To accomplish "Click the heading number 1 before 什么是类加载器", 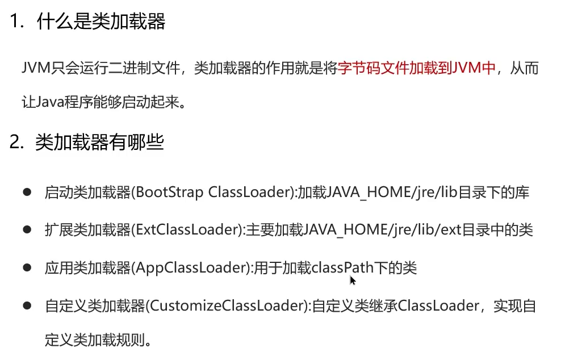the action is tap(15, 22).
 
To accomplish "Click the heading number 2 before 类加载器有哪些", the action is tap(15, 142).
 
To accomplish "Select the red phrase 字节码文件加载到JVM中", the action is tap(417, 69).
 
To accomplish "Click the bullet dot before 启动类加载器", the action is tap(27, 192).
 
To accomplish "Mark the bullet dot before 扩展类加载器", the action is tap(27, 230).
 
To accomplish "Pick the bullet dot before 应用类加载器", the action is tap(27, 267).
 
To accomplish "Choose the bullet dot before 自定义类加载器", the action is tap(27, 305).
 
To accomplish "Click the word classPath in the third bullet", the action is tap(339, 268).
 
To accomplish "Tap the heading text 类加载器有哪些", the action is tap(99, 142).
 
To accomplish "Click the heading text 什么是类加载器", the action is tap(101, 22).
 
